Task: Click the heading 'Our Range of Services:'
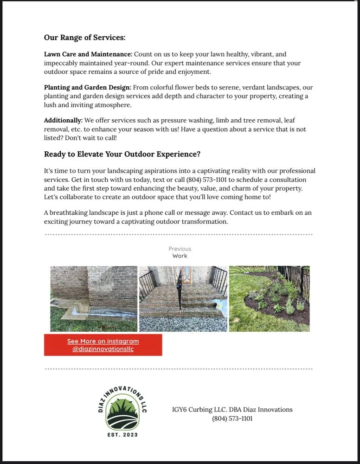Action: coord(84,38)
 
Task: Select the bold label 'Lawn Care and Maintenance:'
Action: coord(88,54)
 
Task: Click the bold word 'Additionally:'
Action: coord(63,120)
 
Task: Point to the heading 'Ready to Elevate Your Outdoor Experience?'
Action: coord(122,154)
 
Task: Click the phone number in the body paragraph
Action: coord(206,180)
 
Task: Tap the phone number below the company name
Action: coord(232,419)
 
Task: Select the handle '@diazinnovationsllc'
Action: coord(103,349)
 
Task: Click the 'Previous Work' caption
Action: coord(180,252)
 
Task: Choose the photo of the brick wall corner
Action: coord(94,298)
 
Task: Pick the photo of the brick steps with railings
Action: coord(183,298)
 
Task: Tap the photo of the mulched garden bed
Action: coord(269,298)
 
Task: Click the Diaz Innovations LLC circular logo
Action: coord(122,411)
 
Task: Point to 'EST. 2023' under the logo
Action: coord(122,435)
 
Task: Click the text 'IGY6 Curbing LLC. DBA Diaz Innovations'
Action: coord(232,409)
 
